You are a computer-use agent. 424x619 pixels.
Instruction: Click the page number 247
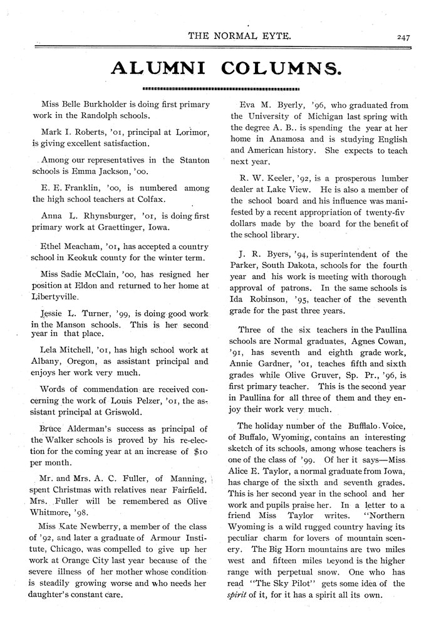(402, 37)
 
